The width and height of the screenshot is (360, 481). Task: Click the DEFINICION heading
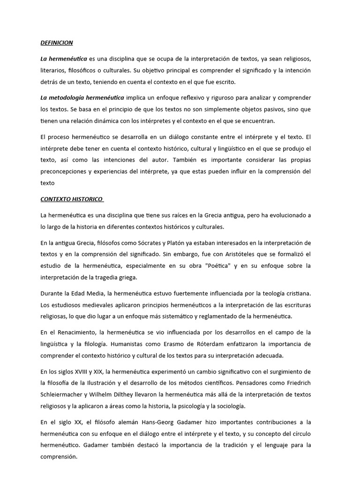click(x=57, y=43)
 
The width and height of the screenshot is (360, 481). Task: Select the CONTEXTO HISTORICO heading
click(x=71, y=199)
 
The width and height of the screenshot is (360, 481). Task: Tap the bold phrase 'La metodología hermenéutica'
click(x=82, y=97)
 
